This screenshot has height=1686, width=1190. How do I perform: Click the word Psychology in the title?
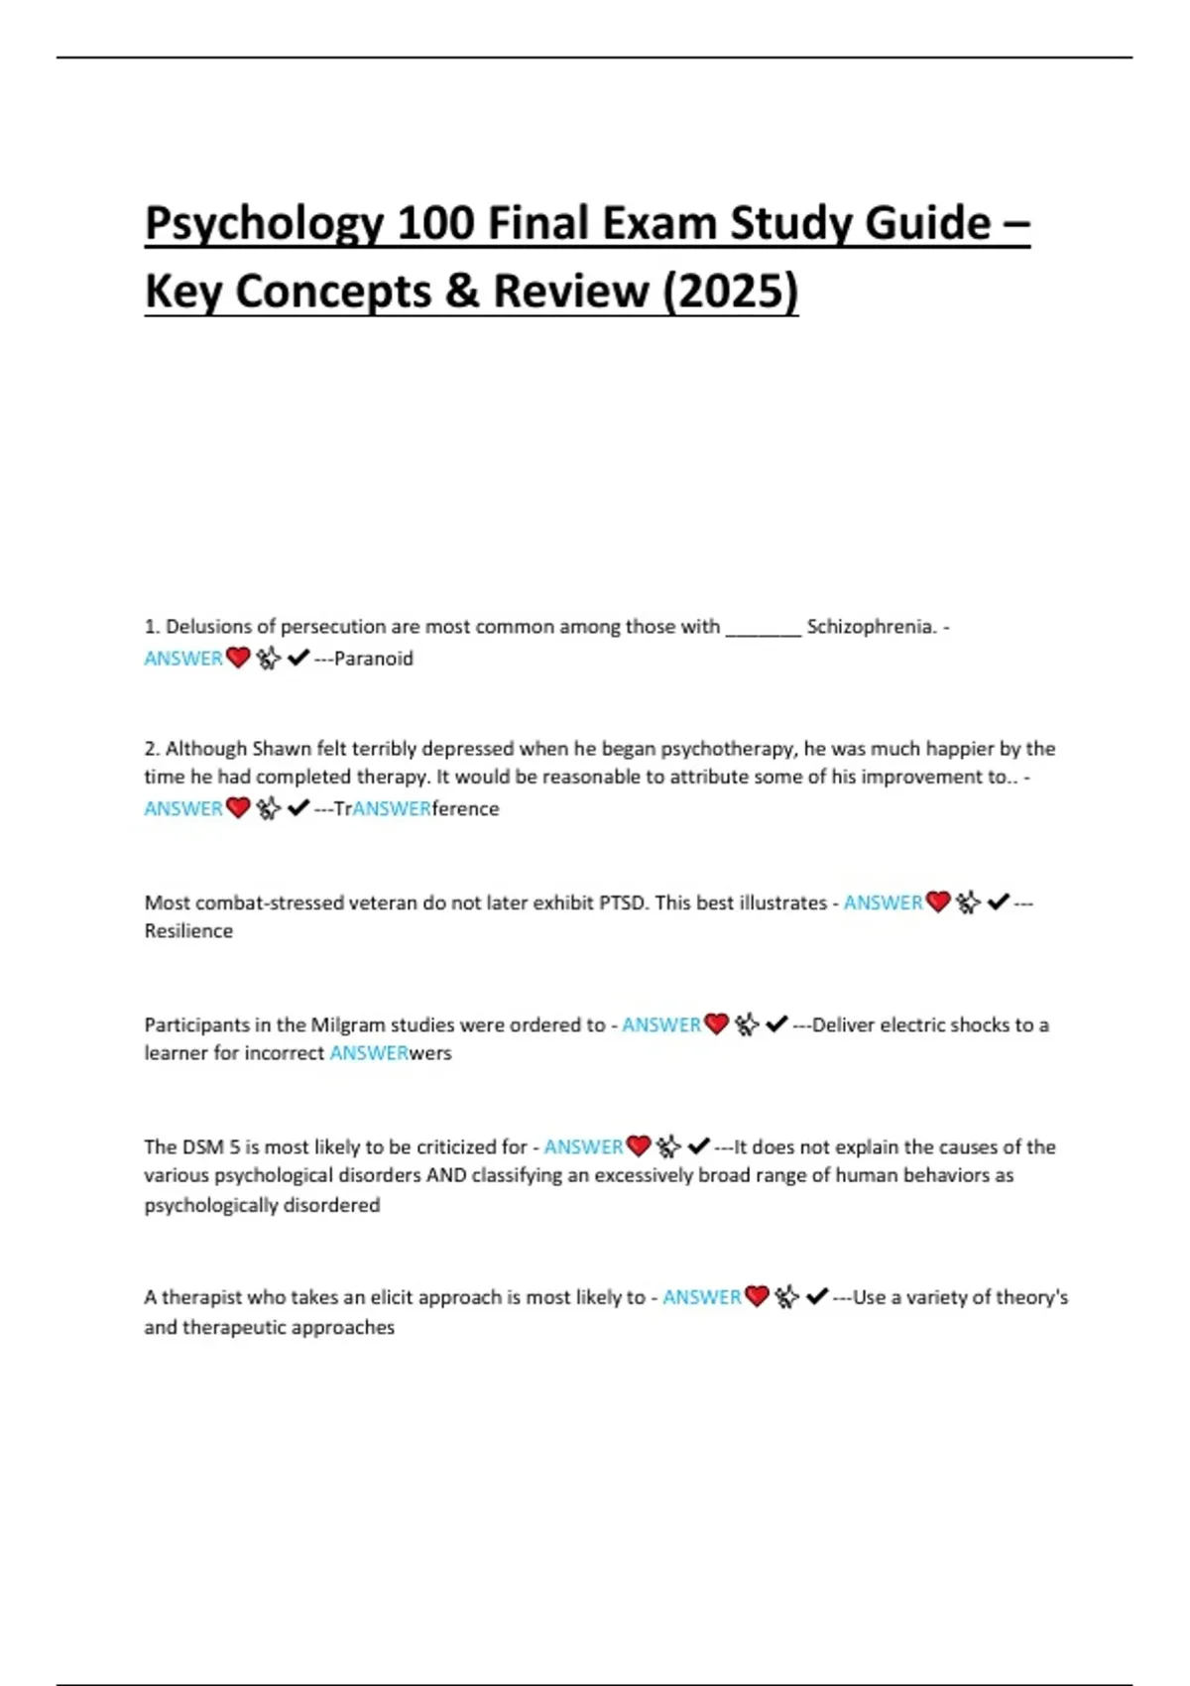(x=264, y=223)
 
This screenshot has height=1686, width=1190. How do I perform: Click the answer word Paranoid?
(x=374, y=659)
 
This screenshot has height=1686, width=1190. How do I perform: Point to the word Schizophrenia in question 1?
(x=871, y=627)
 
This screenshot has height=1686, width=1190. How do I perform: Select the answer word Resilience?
(x=188, y=931)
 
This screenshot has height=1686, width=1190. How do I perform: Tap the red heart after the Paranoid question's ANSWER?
(x=238, y=658)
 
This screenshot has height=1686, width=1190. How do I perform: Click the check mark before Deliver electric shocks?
(x=776, y=1024)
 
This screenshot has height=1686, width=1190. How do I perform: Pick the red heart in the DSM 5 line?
(x=639, y=1146)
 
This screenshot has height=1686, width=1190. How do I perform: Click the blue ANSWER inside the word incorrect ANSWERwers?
(x=369, y=1053)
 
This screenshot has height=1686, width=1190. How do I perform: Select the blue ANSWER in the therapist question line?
(x=701, y=1297)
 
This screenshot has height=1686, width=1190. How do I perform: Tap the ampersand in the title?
(x=461, y=292)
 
